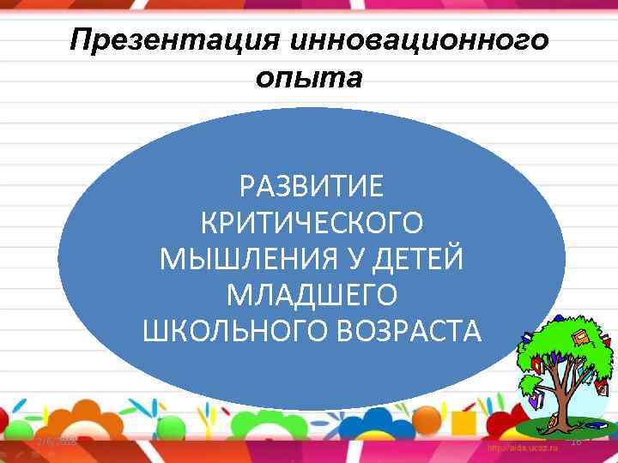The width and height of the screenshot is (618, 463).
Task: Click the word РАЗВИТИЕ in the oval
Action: pos(312,184)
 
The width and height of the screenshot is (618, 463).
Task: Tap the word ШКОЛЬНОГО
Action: pos(227,331)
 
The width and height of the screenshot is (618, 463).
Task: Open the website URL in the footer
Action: pos(521,448)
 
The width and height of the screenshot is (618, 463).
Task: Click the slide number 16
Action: pos(576,441)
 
